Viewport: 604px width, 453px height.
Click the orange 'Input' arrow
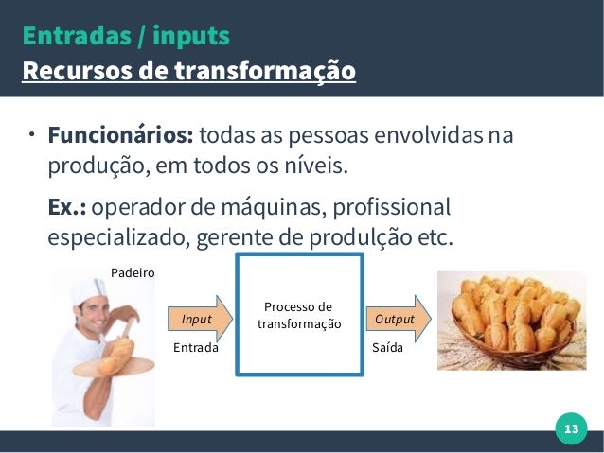pos(199,319)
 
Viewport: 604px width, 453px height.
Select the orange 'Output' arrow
pos(397,319)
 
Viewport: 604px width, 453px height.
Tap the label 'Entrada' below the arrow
pos(196,348)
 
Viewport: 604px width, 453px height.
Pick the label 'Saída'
pos(388,348)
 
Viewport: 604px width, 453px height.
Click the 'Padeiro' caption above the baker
pos(133,272)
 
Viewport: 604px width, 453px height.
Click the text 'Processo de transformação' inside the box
pos(298,316)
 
